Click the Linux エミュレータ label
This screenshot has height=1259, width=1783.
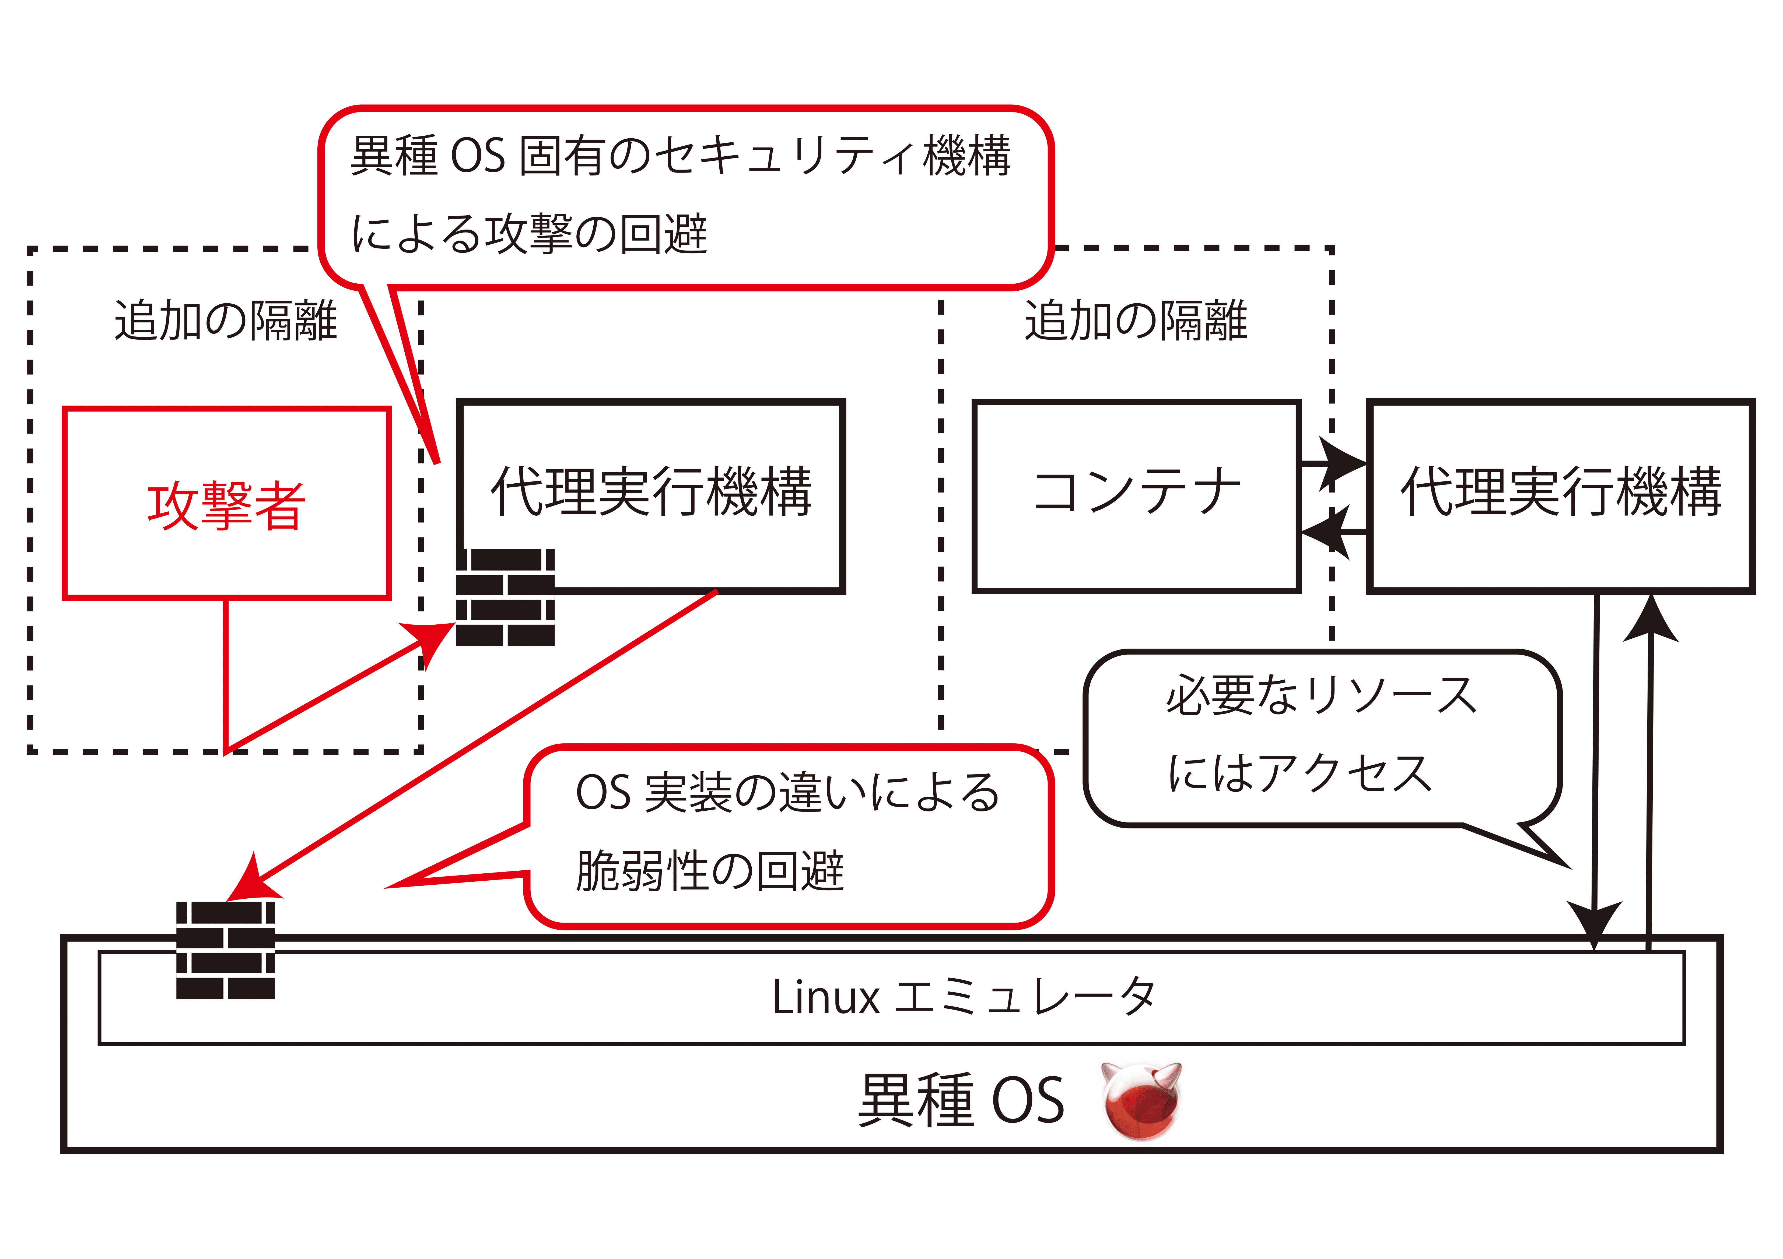pos(963,997)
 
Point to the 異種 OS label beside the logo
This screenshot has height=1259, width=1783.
pos(961,1101)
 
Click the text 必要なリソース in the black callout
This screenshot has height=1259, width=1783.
pos(1320,695)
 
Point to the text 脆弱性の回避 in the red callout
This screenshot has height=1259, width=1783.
pos(709,871)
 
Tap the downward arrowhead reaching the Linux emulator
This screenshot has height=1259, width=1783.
pos(1593,924)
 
